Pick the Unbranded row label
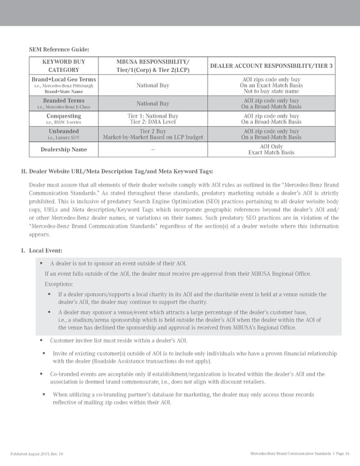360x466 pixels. click(x=64, y=131)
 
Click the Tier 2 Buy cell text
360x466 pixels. click(x=153, y=131)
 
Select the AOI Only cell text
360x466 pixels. click(x=271, y=146)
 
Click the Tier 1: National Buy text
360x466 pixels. click(x=153, y=115)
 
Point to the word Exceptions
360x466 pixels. click(x=59, y=284)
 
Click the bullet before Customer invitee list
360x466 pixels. click(x=45, y=340)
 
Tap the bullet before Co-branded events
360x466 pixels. click(x=45, y=374)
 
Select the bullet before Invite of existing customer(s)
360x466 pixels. click(x=45, y=353)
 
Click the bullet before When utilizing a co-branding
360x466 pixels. click(x=45, y=395)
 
